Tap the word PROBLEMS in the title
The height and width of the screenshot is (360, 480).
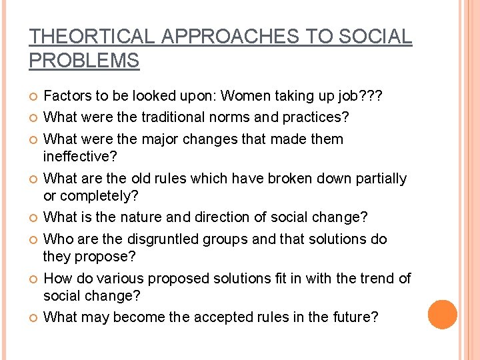click(x=84, y=61)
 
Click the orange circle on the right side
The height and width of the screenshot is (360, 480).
click(x=443, y=315)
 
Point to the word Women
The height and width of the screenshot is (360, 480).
click(x=246, y=96)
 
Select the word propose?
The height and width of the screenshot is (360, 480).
click(x=107, y=256)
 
